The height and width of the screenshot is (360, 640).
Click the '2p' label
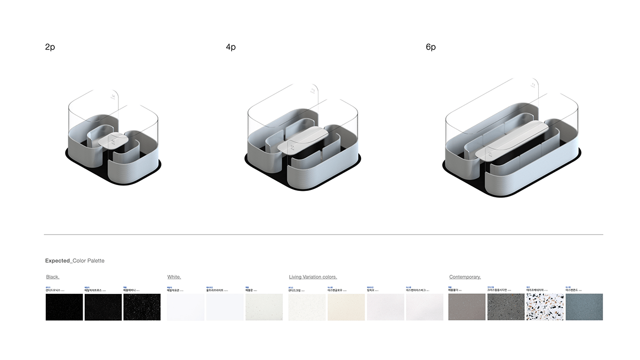(50, 47)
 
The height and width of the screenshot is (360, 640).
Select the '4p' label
(230, 47)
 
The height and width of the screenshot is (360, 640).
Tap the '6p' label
(430, 47)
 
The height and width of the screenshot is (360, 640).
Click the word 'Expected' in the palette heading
(58, 261)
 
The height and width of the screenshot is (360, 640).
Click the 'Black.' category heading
(53, 277)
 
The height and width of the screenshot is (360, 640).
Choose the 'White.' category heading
(174, 277)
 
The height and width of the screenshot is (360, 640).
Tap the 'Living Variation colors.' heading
(313, 277)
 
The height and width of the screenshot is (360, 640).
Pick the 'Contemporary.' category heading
(465, 277)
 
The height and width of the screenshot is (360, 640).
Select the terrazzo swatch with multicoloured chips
(545, 307)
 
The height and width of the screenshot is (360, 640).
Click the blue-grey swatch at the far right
(584, 307)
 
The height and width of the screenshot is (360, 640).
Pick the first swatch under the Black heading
(64, 307)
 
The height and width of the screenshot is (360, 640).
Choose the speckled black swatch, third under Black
(142, 307)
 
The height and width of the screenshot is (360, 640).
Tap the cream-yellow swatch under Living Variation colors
(346, 307)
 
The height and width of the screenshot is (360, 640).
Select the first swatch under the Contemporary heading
(467, 307)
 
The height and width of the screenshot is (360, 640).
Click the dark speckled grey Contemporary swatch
(506, 307)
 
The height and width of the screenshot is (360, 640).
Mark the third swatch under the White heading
(264, 307)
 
